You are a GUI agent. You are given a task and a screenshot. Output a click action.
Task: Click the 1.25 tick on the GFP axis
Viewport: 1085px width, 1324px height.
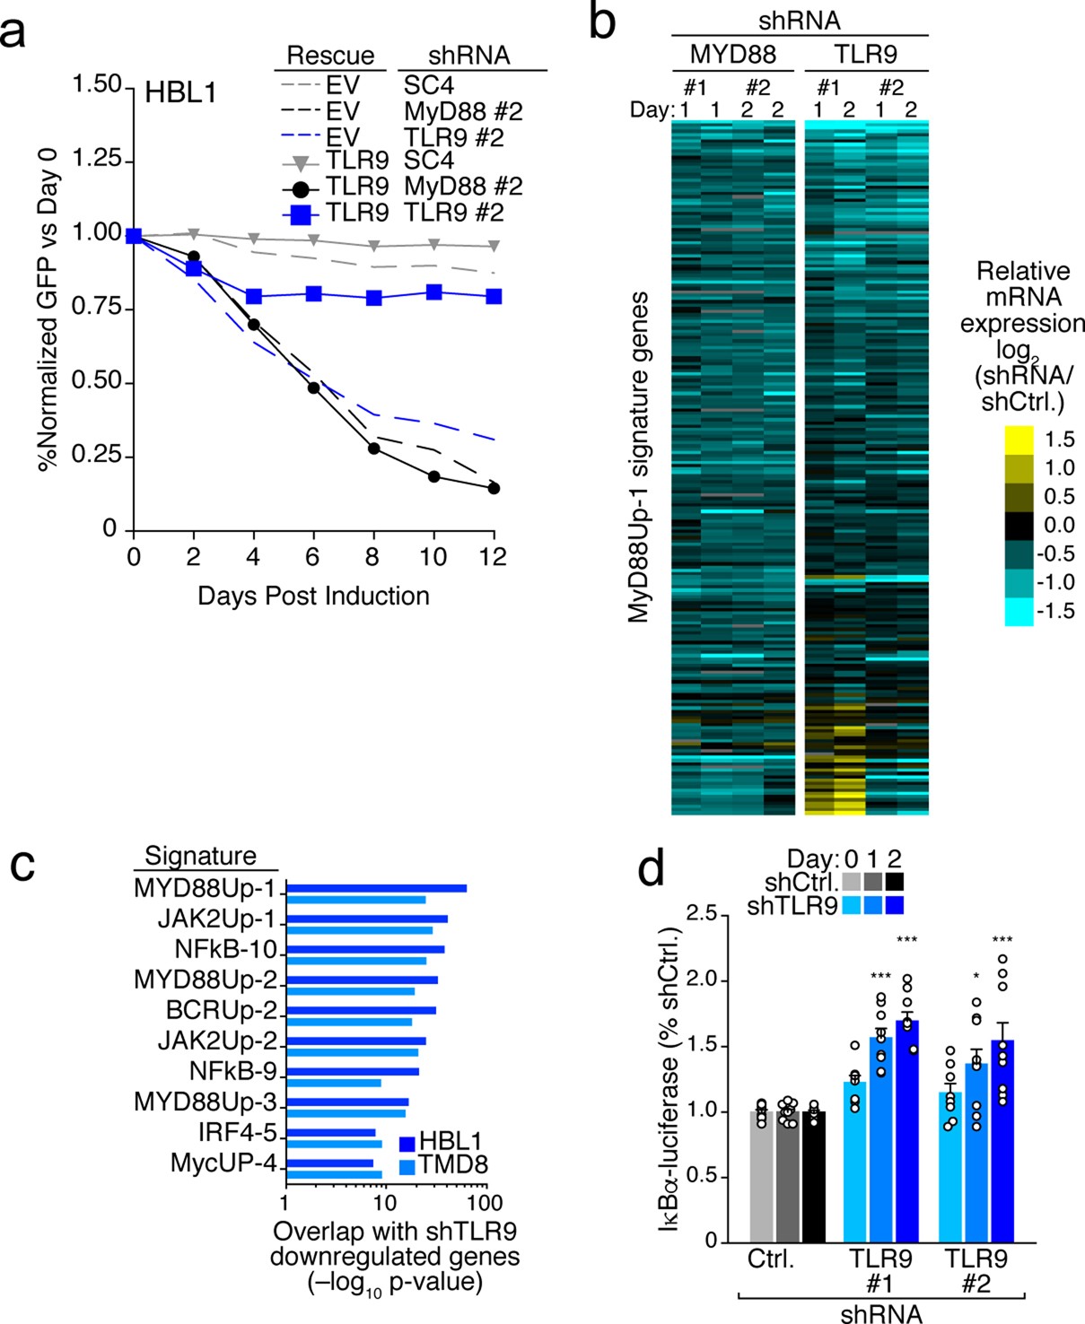point(96,159)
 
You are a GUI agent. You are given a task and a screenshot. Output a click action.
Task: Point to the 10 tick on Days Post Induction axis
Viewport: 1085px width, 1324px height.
point(433,557)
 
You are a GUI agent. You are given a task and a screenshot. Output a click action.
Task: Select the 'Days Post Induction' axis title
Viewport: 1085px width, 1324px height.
point(313,597)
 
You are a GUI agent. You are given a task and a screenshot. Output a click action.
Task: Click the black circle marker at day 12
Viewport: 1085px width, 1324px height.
point(494,488)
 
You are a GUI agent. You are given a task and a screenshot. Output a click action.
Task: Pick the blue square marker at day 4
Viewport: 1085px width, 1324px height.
point(254,296)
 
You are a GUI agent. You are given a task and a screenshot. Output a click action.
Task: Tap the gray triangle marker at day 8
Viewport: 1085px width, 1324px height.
point(373,246)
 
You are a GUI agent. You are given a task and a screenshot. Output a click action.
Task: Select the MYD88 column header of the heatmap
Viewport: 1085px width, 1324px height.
point(732,55)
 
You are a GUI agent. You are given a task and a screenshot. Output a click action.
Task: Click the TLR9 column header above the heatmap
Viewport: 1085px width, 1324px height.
point(865,55)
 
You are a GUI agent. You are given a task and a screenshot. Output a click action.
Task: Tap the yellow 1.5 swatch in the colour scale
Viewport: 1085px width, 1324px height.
point(1019,440)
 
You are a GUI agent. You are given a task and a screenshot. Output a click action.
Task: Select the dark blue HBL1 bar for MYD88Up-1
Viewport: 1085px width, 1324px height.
point(376,889)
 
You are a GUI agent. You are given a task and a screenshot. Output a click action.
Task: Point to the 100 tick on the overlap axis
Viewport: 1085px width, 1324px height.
point(486,1202)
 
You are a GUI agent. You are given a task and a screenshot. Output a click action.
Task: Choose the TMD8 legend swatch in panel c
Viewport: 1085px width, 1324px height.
point(406,1166)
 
